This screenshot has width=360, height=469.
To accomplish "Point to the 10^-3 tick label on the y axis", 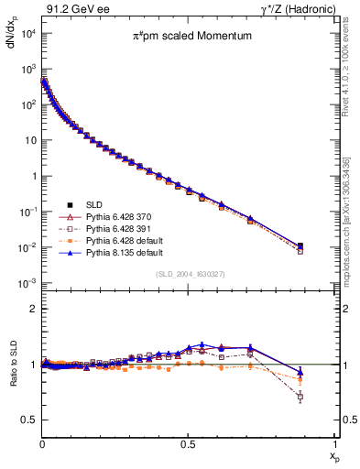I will pyautogui.click(x=28, y=283).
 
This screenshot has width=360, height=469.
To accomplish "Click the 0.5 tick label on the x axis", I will pyautogui.click(x=188, y=442).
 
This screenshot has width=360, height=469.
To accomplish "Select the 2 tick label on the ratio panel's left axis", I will pyautogui.click(x=33, y=309).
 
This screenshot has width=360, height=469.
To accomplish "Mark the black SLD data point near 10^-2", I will pyautogui.click(x=301, y=245).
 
